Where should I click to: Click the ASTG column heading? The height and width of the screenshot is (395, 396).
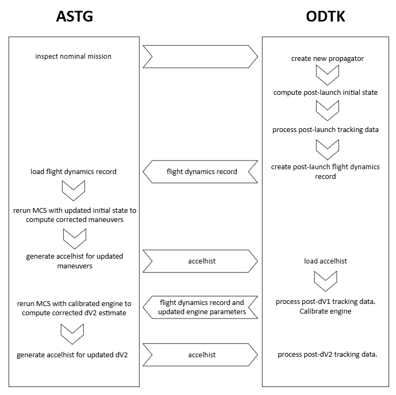(74, 17)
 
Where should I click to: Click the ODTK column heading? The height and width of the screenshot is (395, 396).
(325, 17)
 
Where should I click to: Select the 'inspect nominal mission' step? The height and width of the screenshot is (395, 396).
(74, 56)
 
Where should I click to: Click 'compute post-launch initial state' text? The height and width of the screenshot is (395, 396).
(325, 92)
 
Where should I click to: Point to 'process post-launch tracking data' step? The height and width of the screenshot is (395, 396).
(325, 130)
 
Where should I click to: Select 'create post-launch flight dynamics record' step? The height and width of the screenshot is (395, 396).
(325, 171)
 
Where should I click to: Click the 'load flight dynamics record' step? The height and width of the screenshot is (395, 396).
(74, 172)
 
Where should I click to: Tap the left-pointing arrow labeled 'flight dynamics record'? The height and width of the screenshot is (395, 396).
(200, 172)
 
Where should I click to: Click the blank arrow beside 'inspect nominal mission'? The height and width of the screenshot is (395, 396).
(200, 57)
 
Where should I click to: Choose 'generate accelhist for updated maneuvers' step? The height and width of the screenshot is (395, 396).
(74, 261)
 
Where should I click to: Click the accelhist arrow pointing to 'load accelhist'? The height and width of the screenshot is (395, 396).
(200, 261)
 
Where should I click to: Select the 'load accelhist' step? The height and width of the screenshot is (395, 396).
(325, 261)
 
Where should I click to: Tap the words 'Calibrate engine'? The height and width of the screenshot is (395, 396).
(325, 311)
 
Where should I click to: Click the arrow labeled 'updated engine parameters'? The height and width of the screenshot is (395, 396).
(200, 307)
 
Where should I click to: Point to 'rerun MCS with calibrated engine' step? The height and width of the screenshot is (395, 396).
(74, 307)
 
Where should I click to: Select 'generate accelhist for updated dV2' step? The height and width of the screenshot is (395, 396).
(74, 355)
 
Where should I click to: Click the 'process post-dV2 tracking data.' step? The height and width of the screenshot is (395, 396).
(327, 355)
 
